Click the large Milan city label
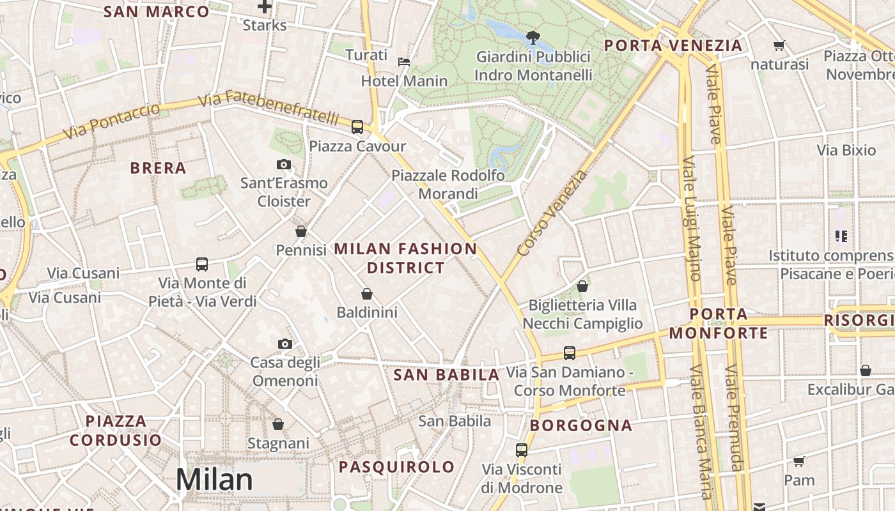[x=214, y=480]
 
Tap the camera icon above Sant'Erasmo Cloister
[x=284, y=165]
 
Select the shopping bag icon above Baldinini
[x=367, y=294]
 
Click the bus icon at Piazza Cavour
[x=357, y=127]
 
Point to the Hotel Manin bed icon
[x=404, y=62]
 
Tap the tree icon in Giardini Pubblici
[x=533, y=38]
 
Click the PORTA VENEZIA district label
[x=673, y=45]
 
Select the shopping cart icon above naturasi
[x=779, y=45]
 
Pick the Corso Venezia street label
[x=552, y=214]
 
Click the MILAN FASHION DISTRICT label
[x=406, y=258]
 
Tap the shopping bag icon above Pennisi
[x=301, y=231]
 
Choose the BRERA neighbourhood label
[x=158, y=168]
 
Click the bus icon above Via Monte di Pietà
[x=202, y=264]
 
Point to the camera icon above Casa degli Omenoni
[x=285, y=344]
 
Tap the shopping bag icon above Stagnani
[x=278, y=424]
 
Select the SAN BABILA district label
[x=446, y=375]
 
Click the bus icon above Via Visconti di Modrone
[x=522, y=450]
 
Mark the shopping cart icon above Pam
[x=798, y=461]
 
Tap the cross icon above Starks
[x=265, y=7]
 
